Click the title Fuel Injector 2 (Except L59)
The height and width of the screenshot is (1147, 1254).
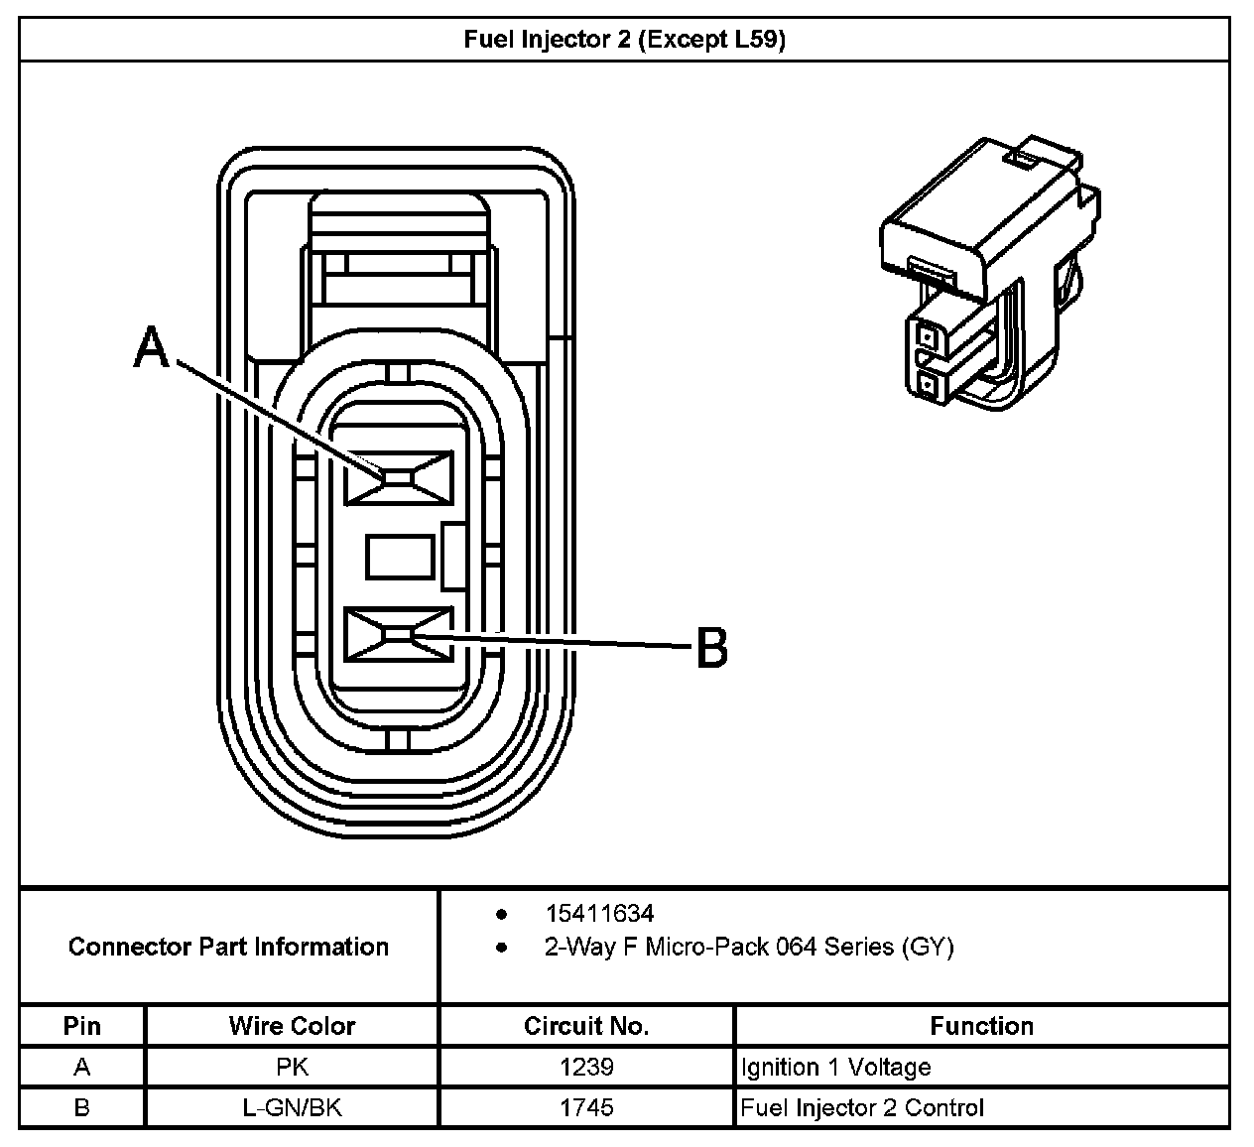coord(625,40)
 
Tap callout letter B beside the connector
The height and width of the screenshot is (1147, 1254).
coord(711,648)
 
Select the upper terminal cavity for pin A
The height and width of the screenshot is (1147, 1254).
coord(398,477)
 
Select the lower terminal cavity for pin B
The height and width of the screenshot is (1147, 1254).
coord(398,634)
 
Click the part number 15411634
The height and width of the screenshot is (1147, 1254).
coord(599,913)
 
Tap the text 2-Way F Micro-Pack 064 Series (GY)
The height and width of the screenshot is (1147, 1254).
coord(748,947)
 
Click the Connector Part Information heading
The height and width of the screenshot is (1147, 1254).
coord(228,947)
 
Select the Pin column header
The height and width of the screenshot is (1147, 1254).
coord(82,1026)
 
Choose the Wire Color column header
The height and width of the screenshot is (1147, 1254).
coord(292,1026)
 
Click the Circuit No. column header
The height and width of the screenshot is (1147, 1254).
coord(586,1026)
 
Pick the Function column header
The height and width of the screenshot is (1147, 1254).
coord(981,1026)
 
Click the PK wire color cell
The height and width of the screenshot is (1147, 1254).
coord(292,1068)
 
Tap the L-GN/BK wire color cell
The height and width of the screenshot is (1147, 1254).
coord(292,1107)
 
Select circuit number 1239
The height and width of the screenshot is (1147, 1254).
coord(586,1068)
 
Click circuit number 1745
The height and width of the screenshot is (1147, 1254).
coord(586,1107)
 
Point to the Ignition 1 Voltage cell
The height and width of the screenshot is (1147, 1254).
coord(835,1068)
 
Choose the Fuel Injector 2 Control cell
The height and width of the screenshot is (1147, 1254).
coord(862,1107)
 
